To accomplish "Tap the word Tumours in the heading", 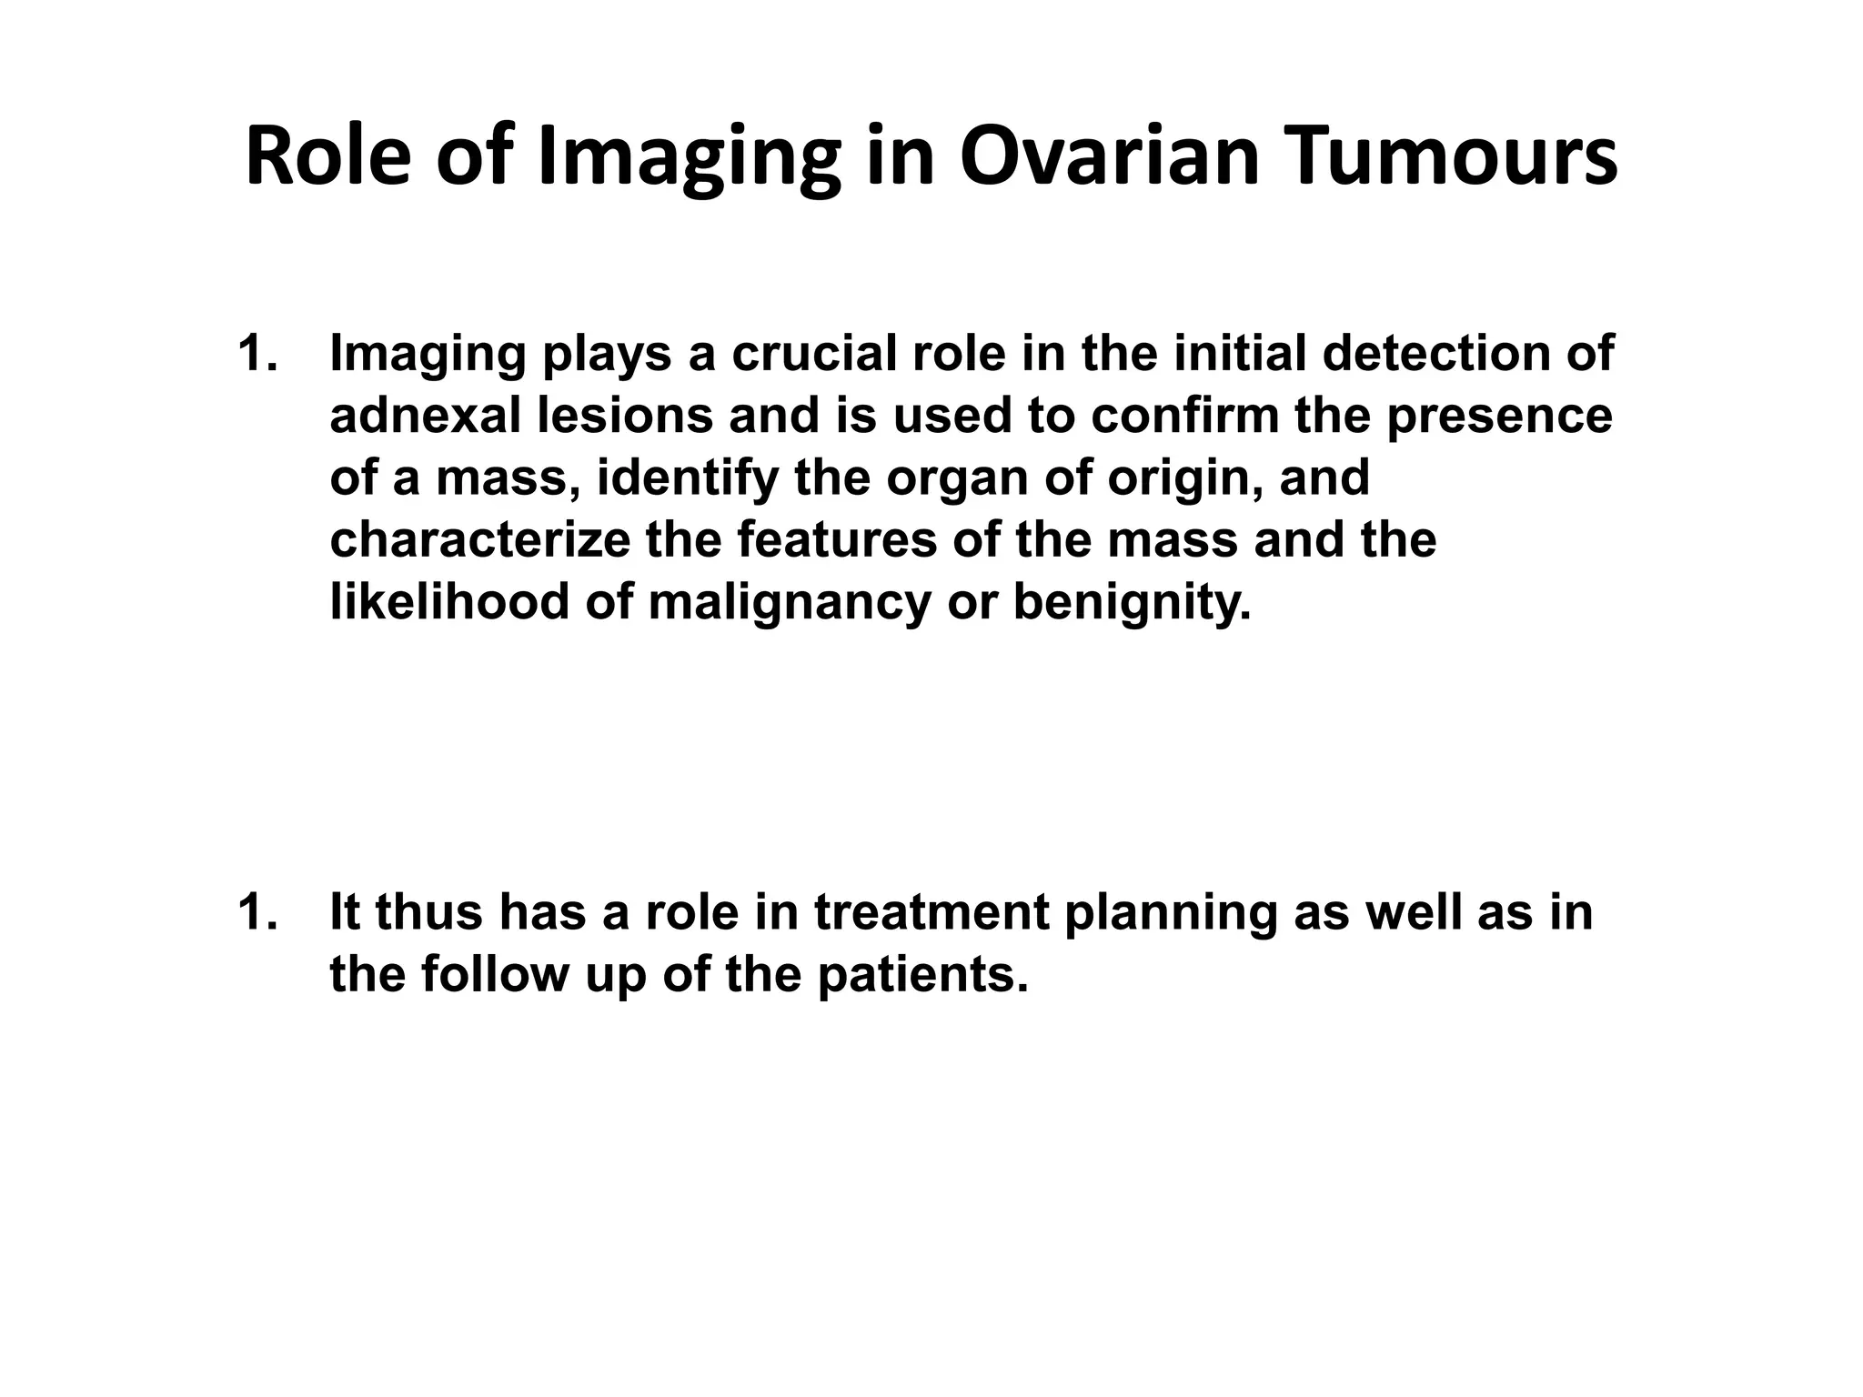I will coord(1455,156).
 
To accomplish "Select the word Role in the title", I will coord(327,156).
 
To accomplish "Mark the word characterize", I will coord(479,539).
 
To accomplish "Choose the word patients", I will coord(922,975).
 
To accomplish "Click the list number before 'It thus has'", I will coord(257,912).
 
